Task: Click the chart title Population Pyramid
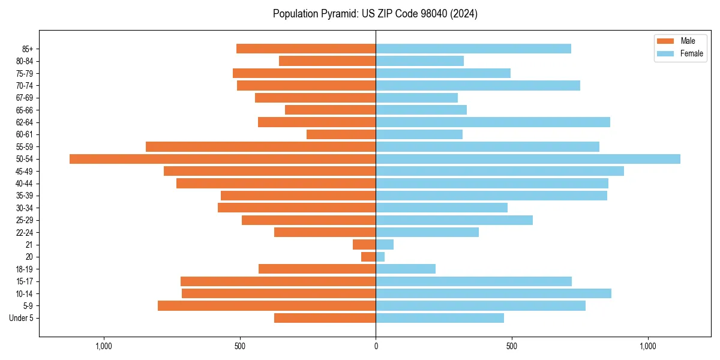(x=375, y=14)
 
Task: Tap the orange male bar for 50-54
(x=223, y=159)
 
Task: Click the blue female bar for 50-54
(x=528, y=159)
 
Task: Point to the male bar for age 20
(x=368, y=257)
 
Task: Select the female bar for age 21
(x=385, y=244)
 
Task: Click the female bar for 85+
(x=473, y=49)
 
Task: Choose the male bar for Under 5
(x=325, y=318)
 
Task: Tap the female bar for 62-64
(x=493, y=122)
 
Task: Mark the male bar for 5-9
(x=266, y=306)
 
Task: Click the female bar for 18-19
(x=406, y=269)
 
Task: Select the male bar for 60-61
(x=341, y=134)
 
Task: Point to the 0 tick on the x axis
(x=376, y=346)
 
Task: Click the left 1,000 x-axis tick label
(x=104, y=346)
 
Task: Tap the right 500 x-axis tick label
(x=512, y=346)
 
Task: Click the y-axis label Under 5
(x=21, y=318)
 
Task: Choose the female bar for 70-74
(x=478, y=85)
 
